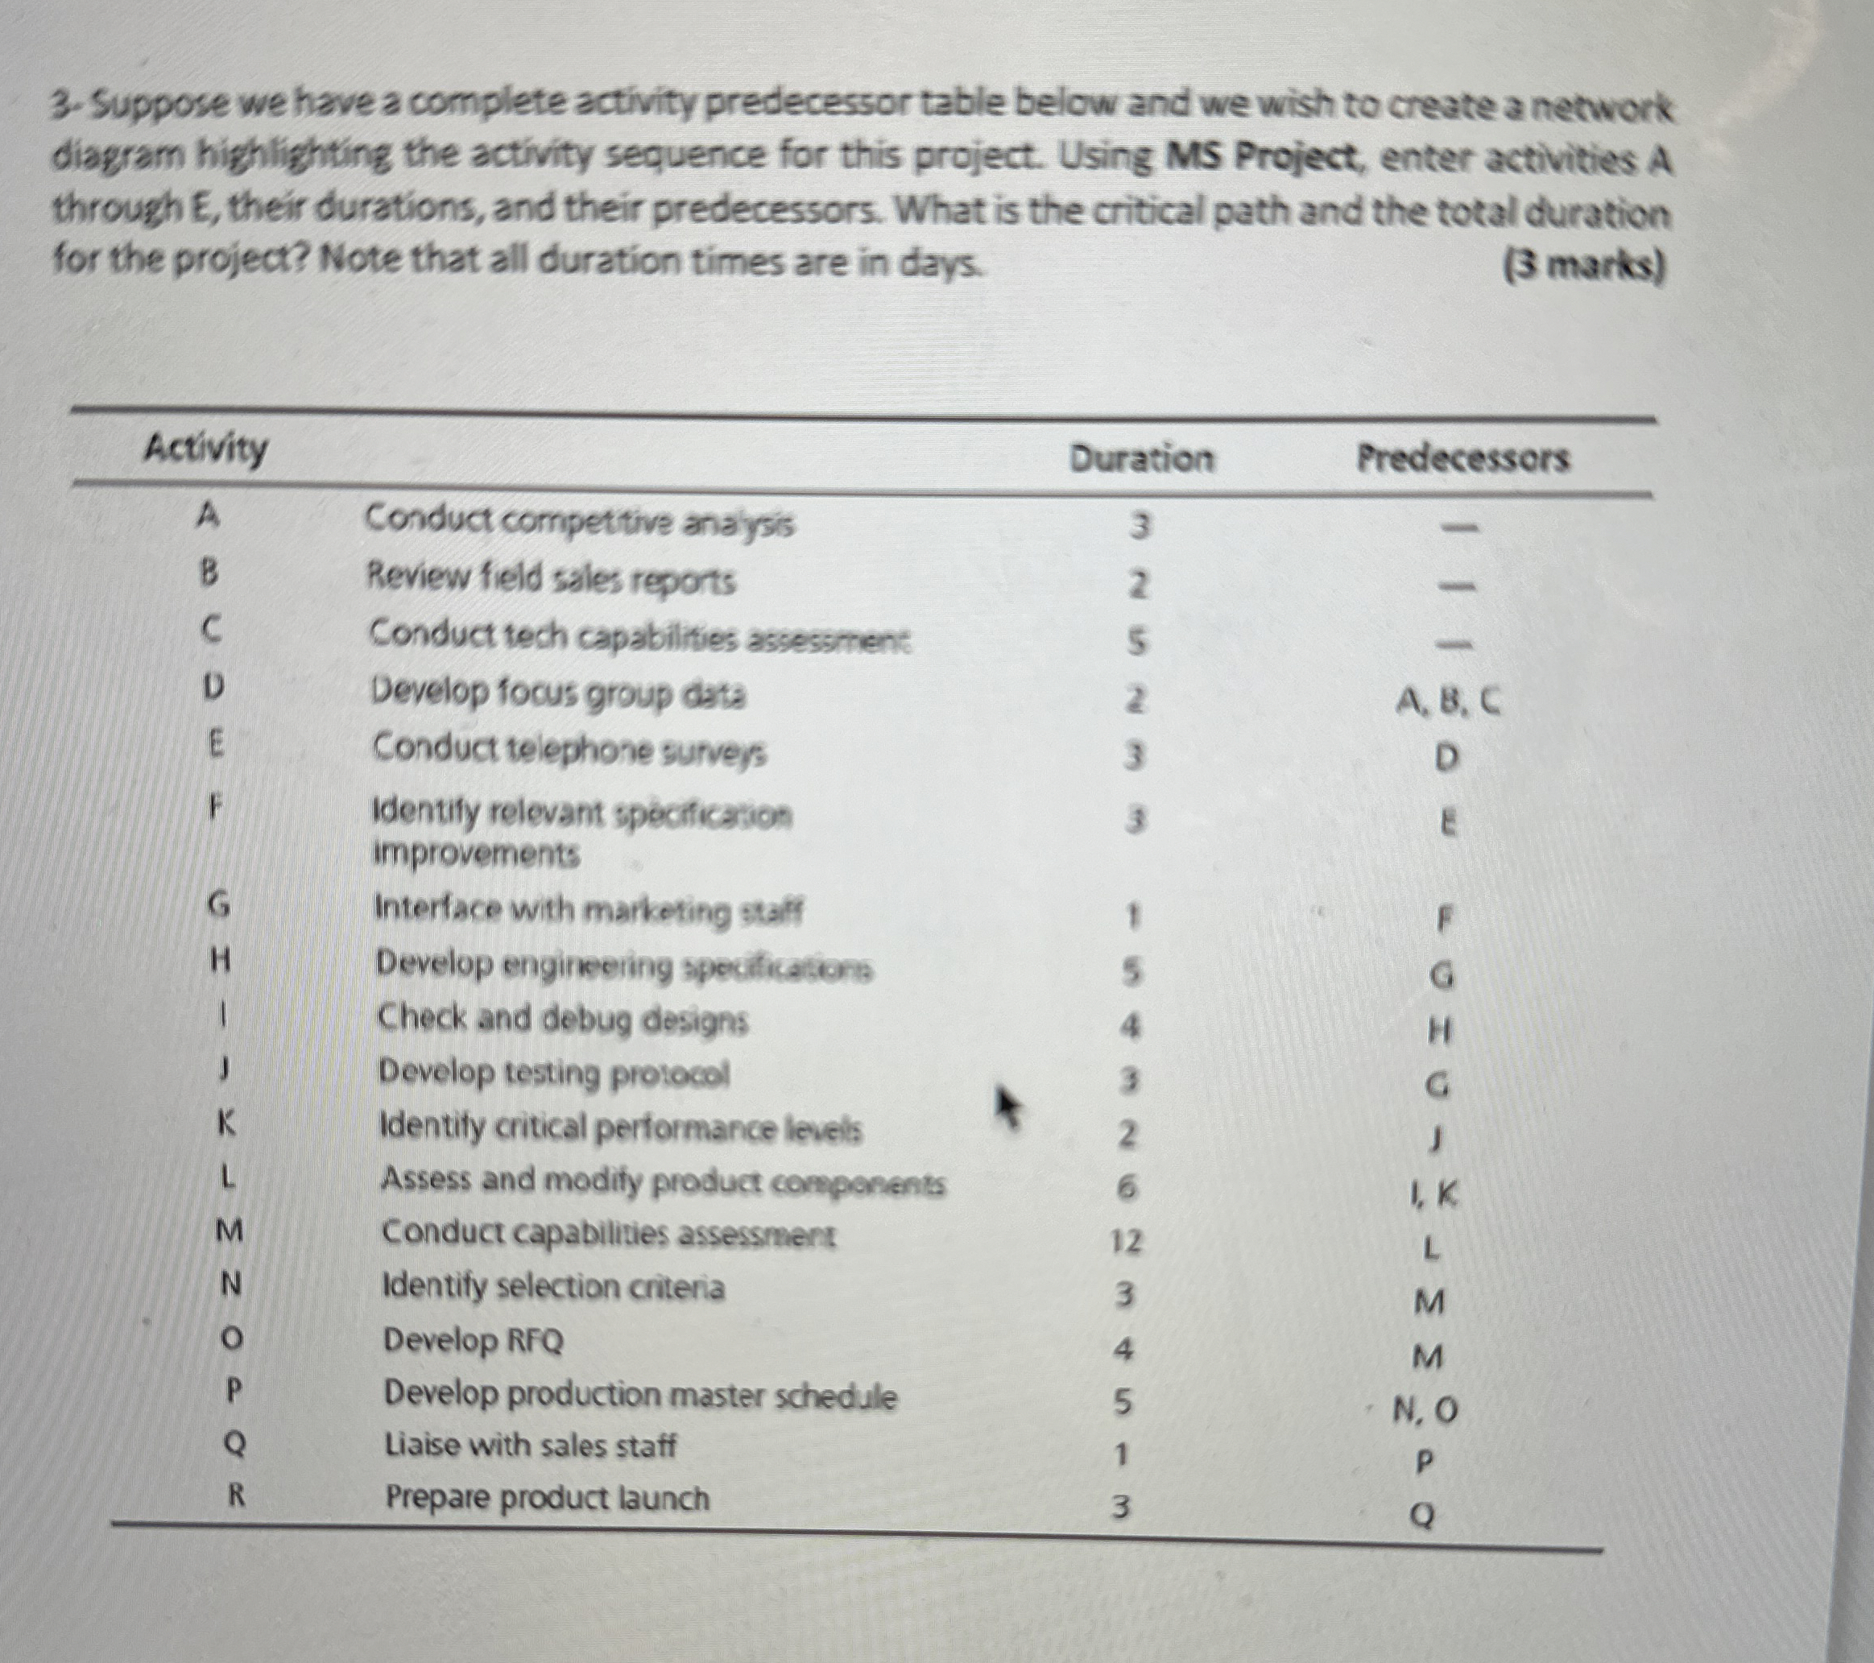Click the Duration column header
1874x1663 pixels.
1140,457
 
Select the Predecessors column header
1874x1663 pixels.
1462,457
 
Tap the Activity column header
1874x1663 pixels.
206,449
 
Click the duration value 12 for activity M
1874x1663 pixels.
1126,1242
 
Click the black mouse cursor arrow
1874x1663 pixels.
1007,1108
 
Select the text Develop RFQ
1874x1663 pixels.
473,1341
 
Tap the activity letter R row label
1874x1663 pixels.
236,1497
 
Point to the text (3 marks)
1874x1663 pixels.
1583,266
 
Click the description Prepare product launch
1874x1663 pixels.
548,1498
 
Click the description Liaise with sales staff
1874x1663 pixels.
530,1446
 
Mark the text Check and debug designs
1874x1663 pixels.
563,1019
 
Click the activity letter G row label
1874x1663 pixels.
218,905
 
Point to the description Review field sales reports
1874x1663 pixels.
551,579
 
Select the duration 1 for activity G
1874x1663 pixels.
1133,915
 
